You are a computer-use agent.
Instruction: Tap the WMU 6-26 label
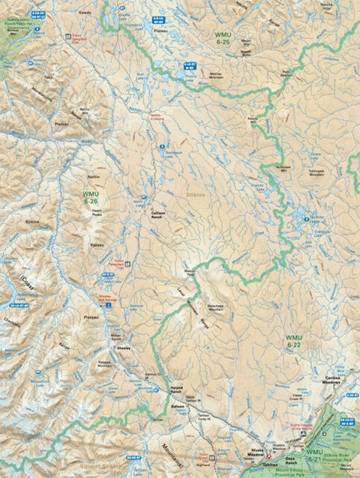coord(91,197)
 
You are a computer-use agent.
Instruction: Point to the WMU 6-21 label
coord(316,453)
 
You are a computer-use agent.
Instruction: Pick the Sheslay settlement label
coord(124,349)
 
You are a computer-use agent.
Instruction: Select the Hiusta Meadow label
coord(259,453)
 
